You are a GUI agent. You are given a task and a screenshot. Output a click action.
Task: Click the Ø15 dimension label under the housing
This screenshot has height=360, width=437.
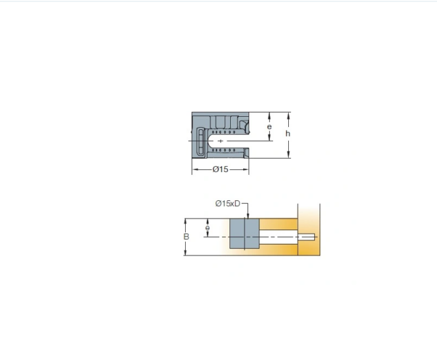(x=220, y=169)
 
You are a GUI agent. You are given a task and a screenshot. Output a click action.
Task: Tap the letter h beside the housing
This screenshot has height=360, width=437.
(x=288, y=134)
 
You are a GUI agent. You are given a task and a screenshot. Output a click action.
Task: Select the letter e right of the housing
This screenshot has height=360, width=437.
(x=269, y=127)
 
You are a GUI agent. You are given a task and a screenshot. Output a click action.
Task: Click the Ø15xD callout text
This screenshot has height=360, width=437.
(x=227, y=204)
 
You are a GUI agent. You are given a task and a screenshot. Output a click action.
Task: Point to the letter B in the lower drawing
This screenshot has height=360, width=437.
(x=186, y=237)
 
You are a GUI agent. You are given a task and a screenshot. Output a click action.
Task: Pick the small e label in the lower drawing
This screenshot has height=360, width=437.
(x=208, y=228)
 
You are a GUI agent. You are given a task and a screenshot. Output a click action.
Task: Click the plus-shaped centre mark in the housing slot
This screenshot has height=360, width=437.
(x=221, y=141)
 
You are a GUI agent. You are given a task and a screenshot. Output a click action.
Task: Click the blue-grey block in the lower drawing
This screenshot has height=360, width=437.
(x=244, y=234)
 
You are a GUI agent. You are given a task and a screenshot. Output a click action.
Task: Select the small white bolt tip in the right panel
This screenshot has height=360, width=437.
(x=307, y=237)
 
